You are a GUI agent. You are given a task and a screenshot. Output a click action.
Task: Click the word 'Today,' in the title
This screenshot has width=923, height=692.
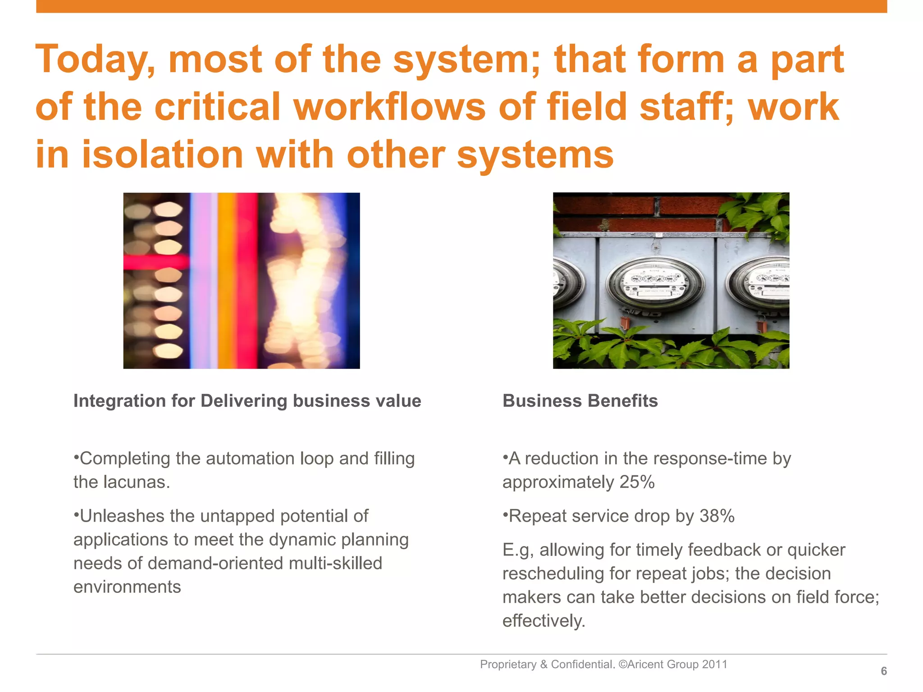[x=95, y=60]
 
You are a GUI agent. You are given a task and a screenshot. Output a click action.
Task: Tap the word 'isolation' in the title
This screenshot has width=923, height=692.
[x=163, y=155]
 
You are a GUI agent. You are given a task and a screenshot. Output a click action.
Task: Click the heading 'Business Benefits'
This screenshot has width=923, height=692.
[x=580, y=401]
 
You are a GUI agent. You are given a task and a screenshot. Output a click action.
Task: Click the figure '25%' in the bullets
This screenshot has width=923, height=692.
[x=637, y=482]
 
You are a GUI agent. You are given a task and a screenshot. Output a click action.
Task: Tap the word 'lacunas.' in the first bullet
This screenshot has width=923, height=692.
[x=137, y=482]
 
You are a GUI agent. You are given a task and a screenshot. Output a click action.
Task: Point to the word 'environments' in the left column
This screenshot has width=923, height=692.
[x=127, y=587]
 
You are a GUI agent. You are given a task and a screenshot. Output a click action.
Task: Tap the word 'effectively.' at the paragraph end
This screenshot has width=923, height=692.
[x=544, y=621]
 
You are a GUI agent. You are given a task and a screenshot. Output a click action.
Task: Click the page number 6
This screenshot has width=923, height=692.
[x=884, y=671]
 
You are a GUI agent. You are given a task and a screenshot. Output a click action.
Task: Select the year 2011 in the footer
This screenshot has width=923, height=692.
[x=715, y=665]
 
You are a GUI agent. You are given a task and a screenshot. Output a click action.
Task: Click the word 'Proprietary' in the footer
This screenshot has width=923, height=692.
[x=508, y=665]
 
